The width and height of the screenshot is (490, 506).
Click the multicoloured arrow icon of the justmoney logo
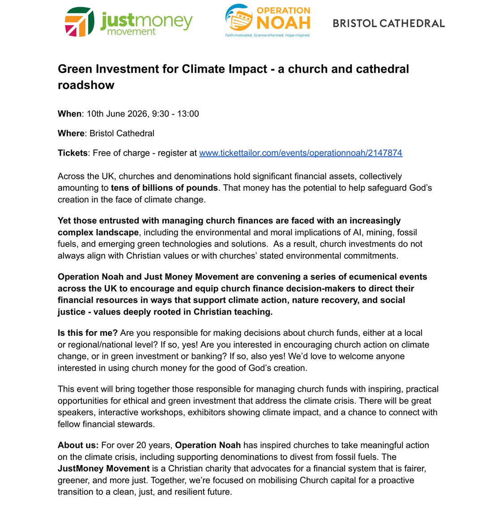click(79, 22)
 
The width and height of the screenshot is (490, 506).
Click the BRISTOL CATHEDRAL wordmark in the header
click(388, 23)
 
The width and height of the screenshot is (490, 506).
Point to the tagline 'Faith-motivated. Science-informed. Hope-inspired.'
click(267, 35)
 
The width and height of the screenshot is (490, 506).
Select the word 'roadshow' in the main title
click(86, 85)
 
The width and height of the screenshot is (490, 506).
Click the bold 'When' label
click(69, 114)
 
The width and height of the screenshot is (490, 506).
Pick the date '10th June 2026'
click(117, 114)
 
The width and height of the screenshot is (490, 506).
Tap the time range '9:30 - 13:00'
click(175, 114)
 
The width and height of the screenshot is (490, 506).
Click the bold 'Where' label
click(71, 133)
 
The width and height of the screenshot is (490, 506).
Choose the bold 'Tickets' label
click(72, 153)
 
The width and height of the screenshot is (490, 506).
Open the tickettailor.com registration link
click(300, 153)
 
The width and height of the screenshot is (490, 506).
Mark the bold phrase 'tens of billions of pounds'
click(164, 188)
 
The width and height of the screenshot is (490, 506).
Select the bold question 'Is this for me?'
click(88, 333)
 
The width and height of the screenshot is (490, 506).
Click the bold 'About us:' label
click(78, 445)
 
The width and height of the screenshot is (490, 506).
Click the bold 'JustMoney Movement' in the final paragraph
click(103, 468)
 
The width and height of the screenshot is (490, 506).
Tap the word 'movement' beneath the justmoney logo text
click(131, 32)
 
